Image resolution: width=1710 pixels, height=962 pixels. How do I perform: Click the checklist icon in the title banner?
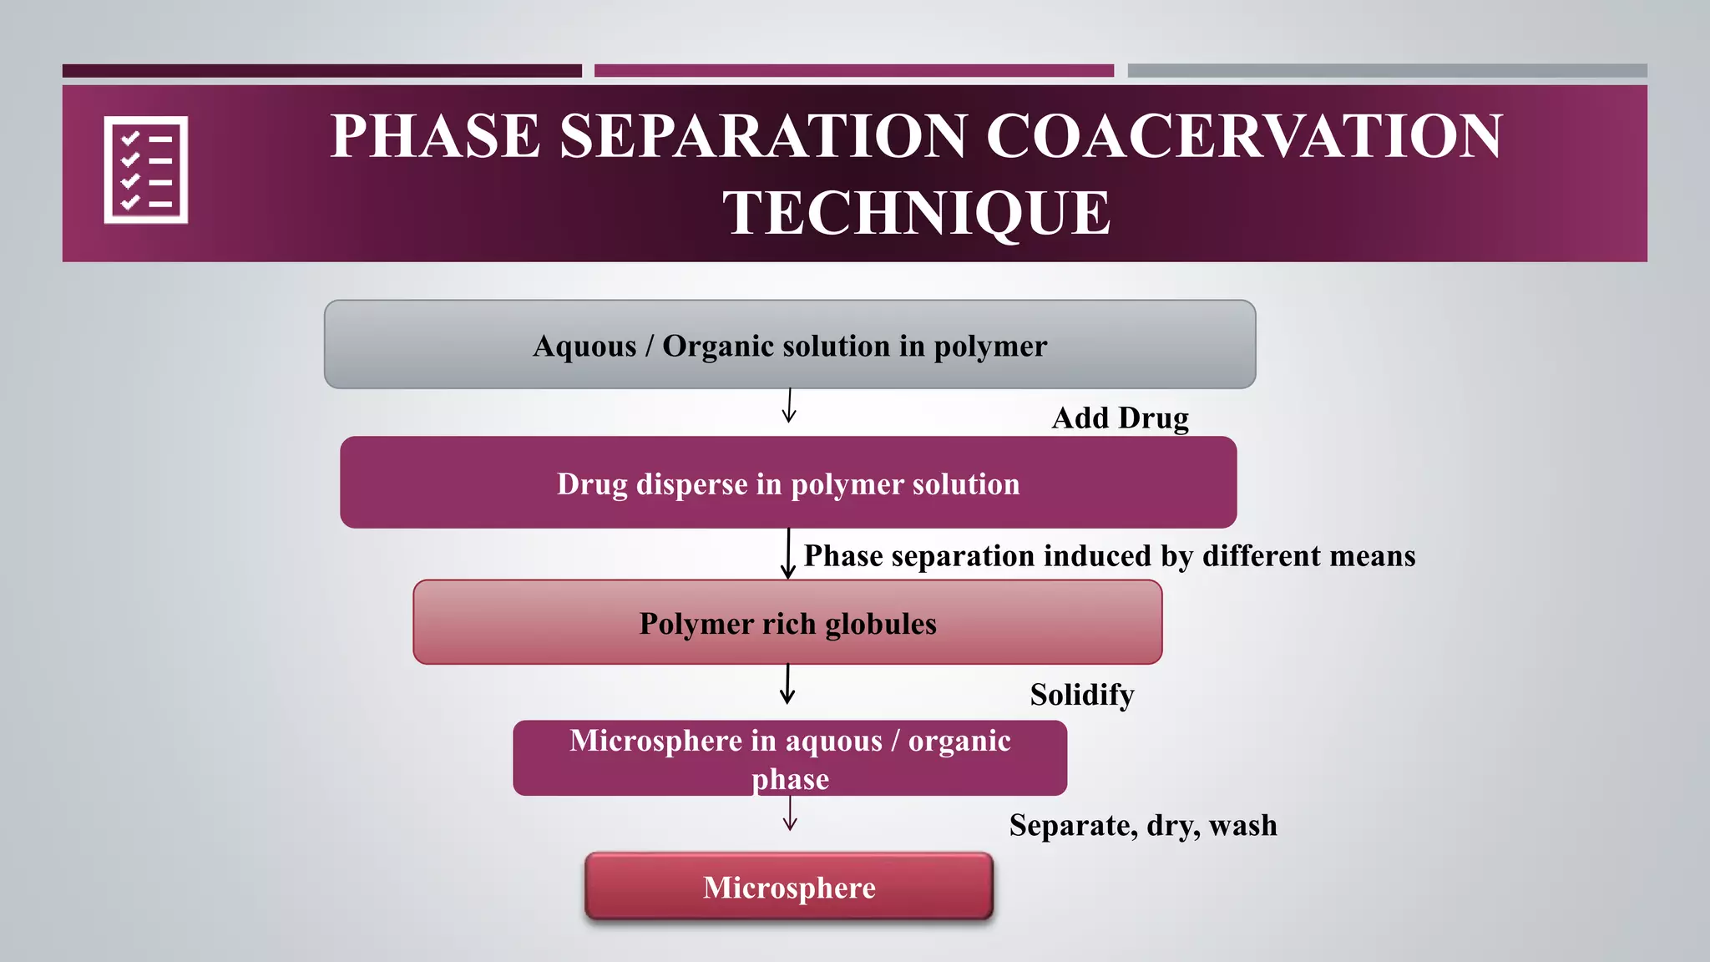[x=146, y=170]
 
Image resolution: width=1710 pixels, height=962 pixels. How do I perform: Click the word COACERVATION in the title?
[x=1244, y=136]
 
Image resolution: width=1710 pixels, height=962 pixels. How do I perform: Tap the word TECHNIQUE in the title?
[x=916, y=213]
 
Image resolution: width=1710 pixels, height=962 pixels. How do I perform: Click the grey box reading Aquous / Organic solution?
[x=789, y=345]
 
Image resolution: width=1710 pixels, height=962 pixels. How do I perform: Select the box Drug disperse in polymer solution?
[x=788, y=483]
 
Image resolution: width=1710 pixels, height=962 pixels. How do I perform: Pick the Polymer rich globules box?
[x=787, y=623]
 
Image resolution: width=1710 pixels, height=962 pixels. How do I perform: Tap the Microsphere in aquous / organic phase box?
[x=789, y=758]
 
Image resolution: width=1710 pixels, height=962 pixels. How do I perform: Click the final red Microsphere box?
[x=789, y=887]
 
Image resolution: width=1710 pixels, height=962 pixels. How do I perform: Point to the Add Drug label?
[x=1120, y=418]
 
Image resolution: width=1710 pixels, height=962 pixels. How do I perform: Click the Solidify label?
[x=1081, y=695]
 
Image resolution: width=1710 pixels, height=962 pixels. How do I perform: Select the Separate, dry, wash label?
[x=1142, y=825]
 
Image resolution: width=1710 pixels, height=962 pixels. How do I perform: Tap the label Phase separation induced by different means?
[x=1109, y=556]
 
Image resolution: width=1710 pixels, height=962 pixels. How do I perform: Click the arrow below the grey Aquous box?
[x=789, y=407]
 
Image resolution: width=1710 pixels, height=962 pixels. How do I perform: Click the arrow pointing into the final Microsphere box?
[x=790, y=813]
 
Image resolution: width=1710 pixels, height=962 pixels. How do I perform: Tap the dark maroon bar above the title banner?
[x=321, y=71]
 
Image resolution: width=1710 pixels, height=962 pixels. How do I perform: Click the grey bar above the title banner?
[x=1387, y=71]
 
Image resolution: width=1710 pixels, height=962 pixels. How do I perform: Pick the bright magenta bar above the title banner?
[x=853, y=71]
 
